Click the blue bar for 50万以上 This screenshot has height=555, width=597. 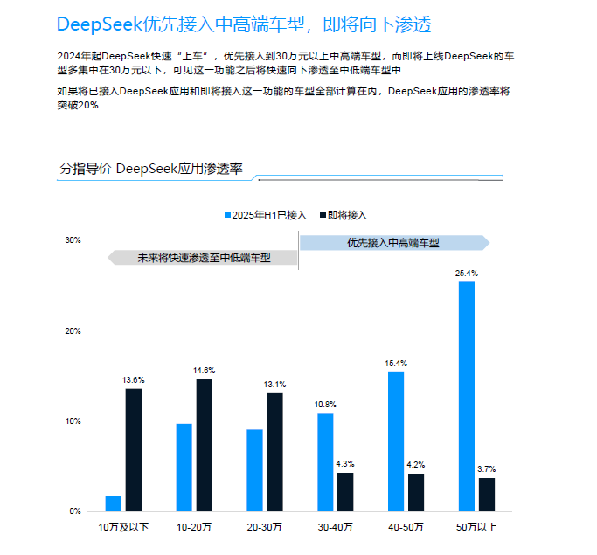[467, 396]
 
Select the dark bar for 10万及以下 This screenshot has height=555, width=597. [133, 449]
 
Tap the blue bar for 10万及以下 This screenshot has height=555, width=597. [114, 503]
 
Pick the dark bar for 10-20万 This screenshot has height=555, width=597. [204, 445]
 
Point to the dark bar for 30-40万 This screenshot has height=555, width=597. [345, 491]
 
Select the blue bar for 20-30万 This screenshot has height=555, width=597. [254, 469]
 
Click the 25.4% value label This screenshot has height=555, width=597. [467, 274]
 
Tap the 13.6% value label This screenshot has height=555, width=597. [133, 380]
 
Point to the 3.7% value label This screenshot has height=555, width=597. [487, 469]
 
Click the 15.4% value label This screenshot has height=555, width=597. [396, 364]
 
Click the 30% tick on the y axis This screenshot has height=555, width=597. [73, 240]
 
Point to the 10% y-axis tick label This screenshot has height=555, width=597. [73, 421]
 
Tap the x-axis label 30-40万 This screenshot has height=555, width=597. [336, 527]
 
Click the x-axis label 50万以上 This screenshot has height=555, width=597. [476, 527]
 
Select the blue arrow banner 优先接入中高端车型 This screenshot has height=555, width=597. [393, 242]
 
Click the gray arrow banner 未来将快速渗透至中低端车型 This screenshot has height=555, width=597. [203, 258]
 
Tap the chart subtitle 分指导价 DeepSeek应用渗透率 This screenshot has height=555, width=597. [150, 169]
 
